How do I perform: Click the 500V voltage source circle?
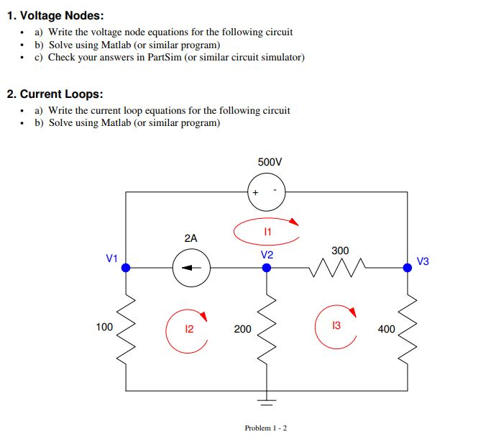pos(267,192)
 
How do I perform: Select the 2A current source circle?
pos(191,267)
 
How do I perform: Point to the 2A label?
pos(191,238)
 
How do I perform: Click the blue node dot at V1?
pos(126,267)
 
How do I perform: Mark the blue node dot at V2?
pos(267,267)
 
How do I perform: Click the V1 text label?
pos(111,258)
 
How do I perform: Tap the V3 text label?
pos(423,261)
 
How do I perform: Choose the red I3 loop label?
pos(336,326)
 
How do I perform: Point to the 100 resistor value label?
pos(104,327)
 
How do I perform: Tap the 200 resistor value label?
pos(243,329)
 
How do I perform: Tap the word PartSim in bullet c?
pos(164,57)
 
